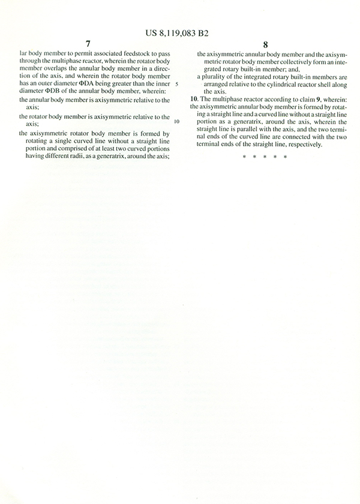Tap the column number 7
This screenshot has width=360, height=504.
(x=88, y=44)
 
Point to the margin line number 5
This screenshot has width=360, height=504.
(x=178, y=84)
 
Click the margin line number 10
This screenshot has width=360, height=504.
(x=176, y=121)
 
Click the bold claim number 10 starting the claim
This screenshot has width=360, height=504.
(x=193, y=98)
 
